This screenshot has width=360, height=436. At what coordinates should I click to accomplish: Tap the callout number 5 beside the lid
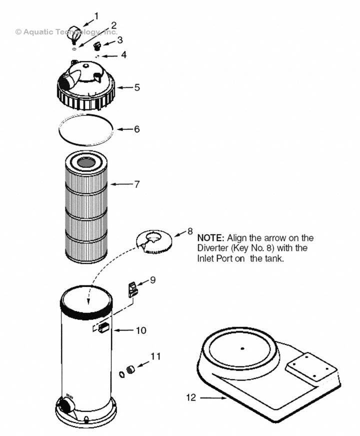pyautogui.click(x=136, y=87)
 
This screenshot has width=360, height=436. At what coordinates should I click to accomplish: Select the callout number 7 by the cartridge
pyautogui.click(x=136, y=184)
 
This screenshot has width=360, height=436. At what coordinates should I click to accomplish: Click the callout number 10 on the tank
pyautogui.click(x=141, y=330)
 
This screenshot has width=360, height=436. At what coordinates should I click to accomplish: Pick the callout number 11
pyautogui.click(x=156, y=356)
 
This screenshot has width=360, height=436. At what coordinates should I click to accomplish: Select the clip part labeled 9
pyautogui.click(x=133, y=289)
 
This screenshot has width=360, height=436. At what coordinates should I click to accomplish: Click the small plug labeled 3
pyautogui.click(x=98, y=46)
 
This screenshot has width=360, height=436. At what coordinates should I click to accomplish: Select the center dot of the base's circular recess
pyautogui.click(x=241, y=348)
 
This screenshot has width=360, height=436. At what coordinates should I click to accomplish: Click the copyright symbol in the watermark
pyautogui.click(x=18, y=31)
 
